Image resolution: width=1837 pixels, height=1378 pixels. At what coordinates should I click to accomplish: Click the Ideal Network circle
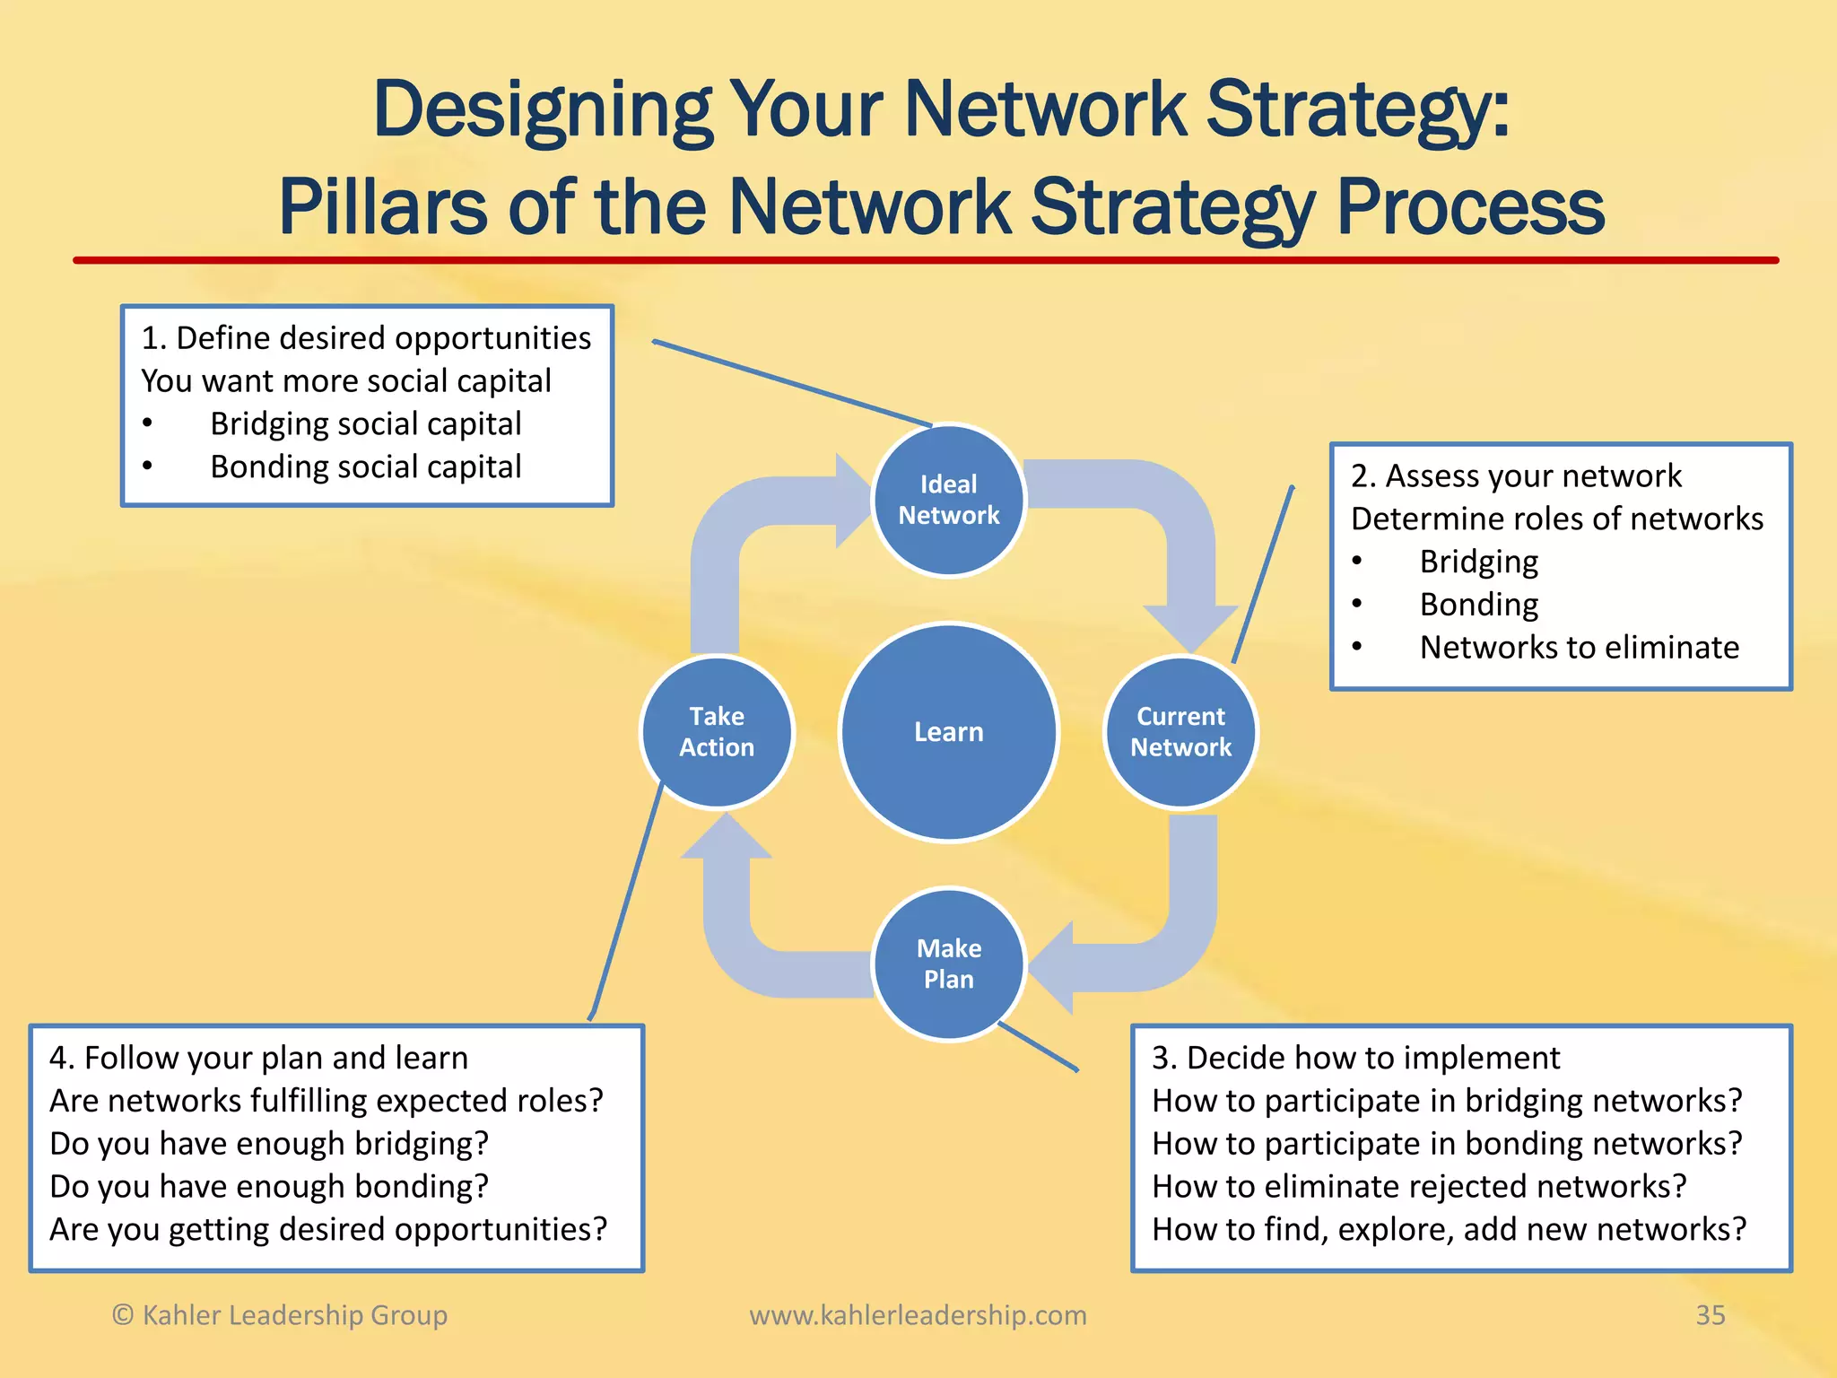coord(948,500)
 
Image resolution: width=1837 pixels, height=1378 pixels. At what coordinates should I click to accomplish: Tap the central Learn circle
coord(948,732)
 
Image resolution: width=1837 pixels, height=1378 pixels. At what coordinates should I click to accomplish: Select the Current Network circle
coord(1180,732)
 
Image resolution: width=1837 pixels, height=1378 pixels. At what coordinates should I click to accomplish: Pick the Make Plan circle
coord(948,964)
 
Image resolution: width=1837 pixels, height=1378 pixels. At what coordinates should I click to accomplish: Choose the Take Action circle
coord(717,732)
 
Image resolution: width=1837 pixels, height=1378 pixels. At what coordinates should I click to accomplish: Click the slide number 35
coord(1710,1315)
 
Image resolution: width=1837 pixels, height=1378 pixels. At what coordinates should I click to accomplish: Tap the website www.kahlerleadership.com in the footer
coord(918,1315)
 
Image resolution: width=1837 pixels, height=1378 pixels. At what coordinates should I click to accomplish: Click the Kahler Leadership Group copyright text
coord(279,1315)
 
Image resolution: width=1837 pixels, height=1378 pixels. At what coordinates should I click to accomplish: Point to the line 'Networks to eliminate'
coord(1579,647)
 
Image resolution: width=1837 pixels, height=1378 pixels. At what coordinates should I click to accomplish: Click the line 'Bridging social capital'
coord(365,423)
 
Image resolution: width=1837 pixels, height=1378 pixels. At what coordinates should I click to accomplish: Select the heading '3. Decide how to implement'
coord(1355,1058)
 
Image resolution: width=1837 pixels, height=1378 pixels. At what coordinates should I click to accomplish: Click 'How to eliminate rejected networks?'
coord(1419,1186)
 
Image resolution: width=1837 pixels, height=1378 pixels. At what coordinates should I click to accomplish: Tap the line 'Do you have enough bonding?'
coord(269,1186)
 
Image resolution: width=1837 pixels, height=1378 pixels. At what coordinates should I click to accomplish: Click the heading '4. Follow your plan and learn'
coord(258,1058)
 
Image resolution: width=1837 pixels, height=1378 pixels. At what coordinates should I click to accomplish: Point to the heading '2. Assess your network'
coord(1516,475)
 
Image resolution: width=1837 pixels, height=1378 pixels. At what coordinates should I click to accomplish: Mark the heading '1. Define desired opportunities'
coord(366,338)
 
